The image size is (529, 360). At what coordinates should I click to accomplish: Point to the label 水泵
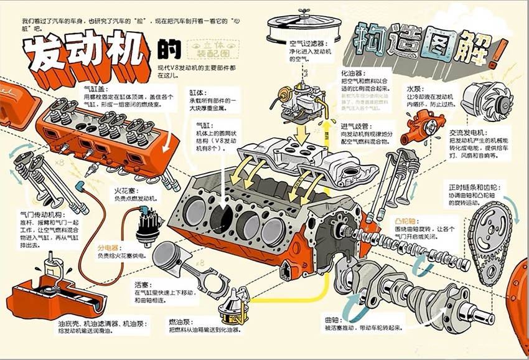coord(416,88)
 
